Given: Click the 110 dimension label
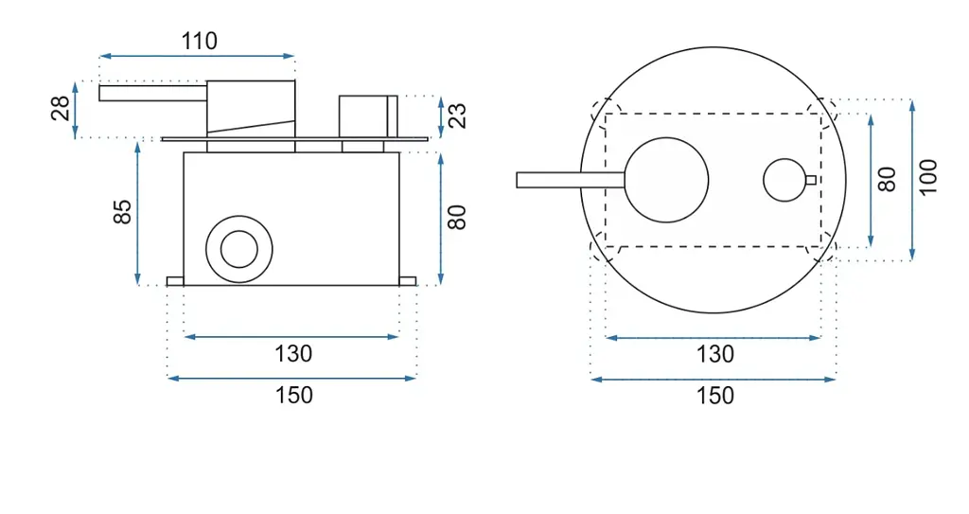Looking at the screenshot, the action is pyautogui.click(x=199, y=42).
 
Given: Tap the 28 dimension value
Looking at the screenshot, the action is pyautogui.click(x=61, y=109).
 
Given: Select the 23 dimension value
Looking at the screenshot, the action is pyautogui.click(x=457, y=115).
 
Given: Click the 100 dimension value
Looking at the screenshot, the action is pyautogui.click(x=927, y=177).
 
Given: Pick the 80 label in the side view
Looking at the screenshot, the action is pyautogui.click(x=457, y=217).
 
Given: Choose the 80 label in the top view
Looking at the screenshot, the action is pyautogui.click(x=887, y=179).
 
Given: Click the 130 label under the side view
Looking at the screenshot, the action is pyautogui.click(x=293, y=354).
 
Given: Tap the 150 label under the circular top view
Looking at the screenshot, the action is pyautogui.click(x=715, y=396).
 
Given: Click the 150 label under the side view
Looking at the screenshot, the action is pyautogui.click(x=293, y=396).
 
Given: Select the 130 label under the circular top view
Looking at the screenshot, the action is pyautogui.click(x=715, y=354).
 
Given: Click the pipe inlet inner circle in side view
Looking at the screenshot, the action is pyautogui.click(x=239, y=249).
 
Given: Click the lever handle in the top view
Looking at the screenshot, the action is pyautogui.click(x=571, y=180).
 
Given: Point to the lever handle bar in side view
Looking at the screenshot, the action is pyautogui.click(x=152, y=94).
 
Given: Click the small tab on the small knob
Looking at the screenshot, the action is pyautogui.click(x=811, y=180).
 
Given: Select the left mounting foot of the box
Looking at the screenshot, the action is pyautogui.click(x=175, y=281).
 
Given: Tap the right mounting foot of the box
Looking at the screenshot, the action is pyautogui.click(x=408, y=281).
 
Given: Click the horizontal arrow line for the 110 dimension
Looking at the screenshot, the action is pyautogui.click(x=197, y=56).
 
